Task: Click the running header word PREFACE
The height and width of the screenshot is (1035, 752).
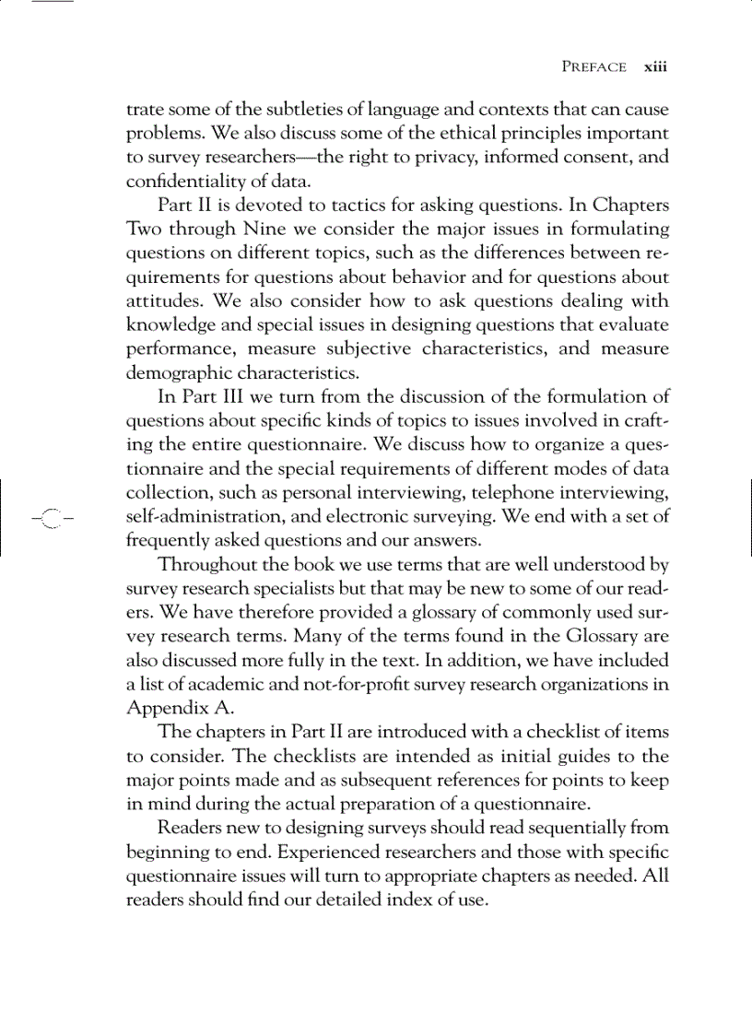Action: (x=593, y=67)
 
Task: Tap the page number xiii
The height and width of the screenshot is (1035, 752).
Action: (x=655, y=67)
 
